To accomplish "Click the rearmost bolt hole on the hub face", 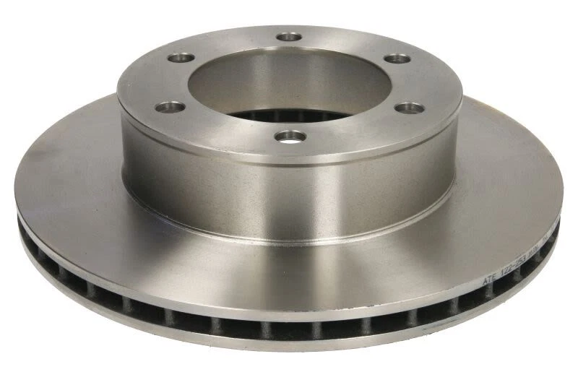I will coord(289,35).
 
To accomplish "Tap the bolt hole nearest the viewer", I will coord(290,135).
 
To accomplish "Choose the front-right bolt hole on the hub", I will coord(410,108).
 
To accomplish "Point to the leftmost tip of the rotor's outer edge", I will coord(15,189).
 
